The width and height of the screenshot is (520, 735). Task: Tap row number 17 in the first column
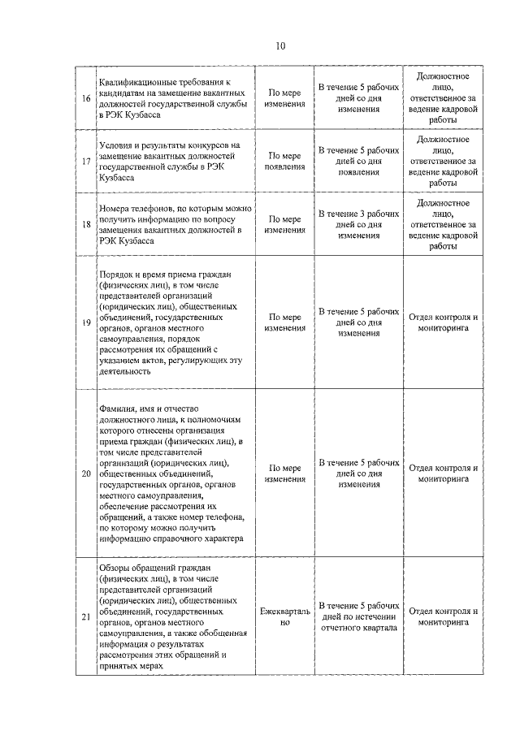pyautogui.click(x=86, y=161)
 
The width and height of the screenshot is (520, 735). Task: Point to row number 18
pyautogui.click(x=86, y=224)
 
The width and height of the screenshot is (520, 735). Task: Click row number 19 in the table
pyautogui.click(x=86, y=322)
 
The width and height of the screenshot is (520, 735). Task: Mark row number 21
pyautogui.click(x=86, y=616)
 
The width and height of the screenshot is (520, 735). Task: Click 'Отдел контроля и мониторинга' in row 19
pyautogui.click(x=443, y=322)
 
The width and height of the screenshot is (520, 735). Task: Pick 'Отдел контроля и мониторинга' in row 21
pyautogui.click(x=443, y=616)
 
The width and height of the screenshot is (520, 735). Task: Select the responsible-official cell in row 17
pyautogui.click(x=443, y=161)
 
